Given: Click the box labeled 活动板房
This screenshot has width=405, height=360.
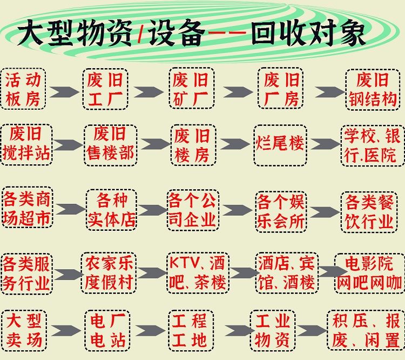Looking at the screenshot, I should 24,90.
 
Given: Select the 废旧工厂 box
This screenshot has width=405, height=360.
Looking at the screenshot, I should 105,90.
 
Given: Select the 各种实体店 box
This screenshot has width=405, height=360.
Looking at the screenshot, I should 111,209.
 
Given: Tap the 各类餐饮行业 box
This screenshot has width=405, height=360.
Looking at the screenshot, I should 369,209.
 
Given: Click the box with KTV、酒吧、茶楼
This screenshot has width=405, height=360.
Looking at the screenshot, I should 198,272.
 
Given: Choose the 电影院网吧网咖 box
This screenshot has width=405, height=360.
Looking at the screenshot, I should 369,272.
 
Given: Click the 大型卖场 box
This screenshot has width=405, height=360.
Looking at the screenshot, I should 24,330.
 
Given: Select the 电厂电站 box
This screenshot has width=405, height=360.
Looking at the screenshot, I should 107,330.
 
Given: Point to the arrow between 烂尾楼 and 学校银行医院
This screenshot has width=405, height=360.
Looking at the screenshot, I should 324,144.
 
